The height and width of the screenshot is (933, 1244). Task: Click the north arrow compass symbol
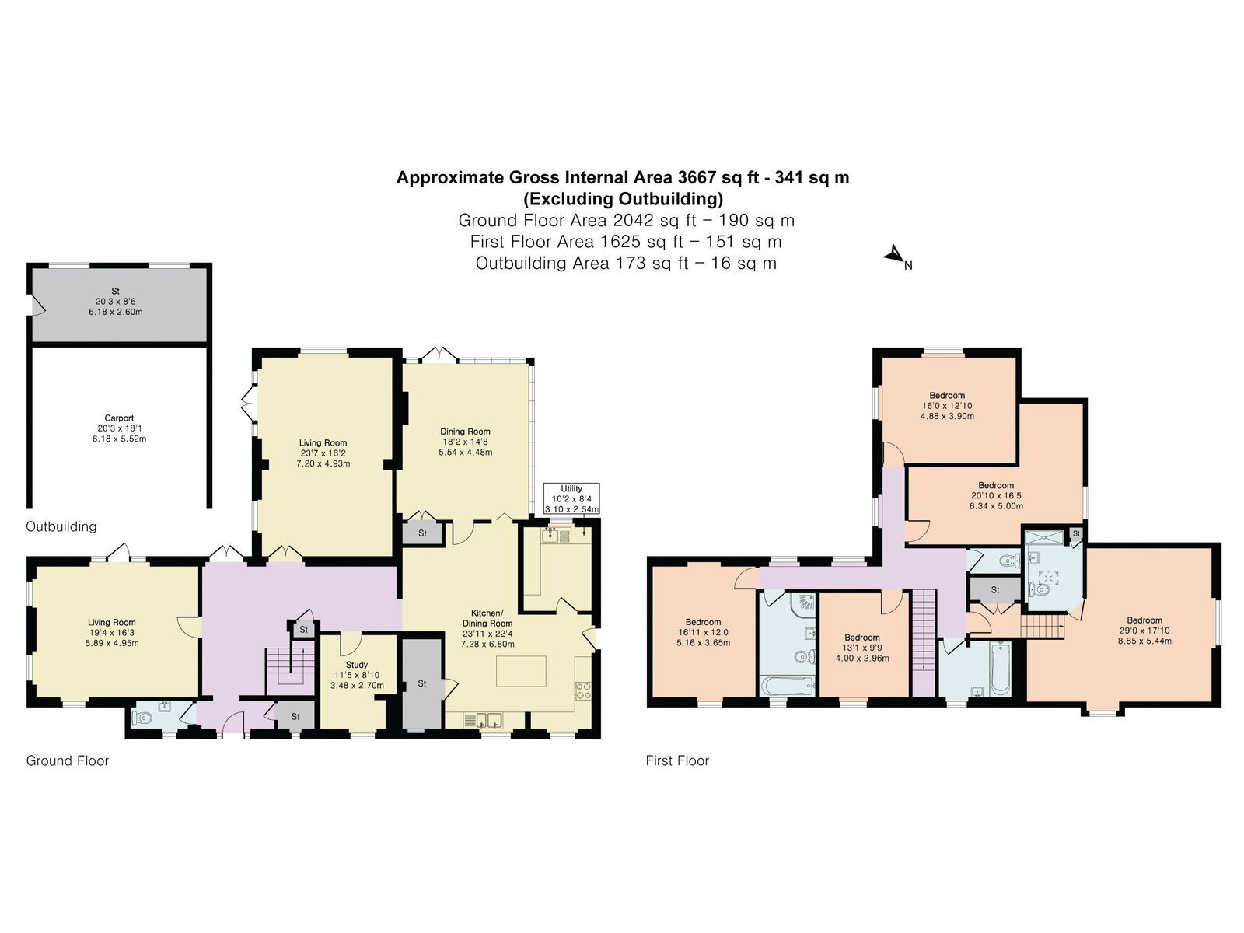896,256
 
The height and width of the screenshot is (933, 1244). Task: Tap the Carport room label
119,428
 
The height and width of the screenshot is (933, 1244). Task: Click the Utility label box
571,498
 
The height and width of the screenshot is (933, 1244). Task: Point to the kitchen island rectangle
521,671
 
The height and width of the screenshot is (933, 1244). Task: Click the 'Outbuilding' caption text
61,527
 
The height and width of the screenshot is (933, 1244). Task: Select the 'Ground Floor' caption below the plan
68,761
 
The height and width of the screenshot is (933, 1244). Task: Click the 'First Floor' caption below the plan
677,761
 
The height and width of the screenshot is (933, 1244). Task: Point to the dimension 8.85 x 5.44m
1144,641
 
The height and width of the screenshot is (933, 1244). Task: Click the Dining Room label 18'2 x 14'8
465,442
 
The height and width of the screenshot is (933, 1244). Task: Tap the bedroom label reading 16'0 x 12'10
947,406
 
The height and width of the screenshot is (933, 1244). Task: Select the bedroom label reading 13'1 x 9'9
862,648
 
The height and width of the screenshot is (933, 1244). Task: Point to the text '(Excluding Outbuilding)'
623,199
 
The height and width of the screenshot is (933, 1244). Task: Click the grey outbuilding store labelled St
119,305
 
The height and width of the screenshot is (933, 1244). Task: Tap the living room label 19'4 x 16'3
112,633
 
